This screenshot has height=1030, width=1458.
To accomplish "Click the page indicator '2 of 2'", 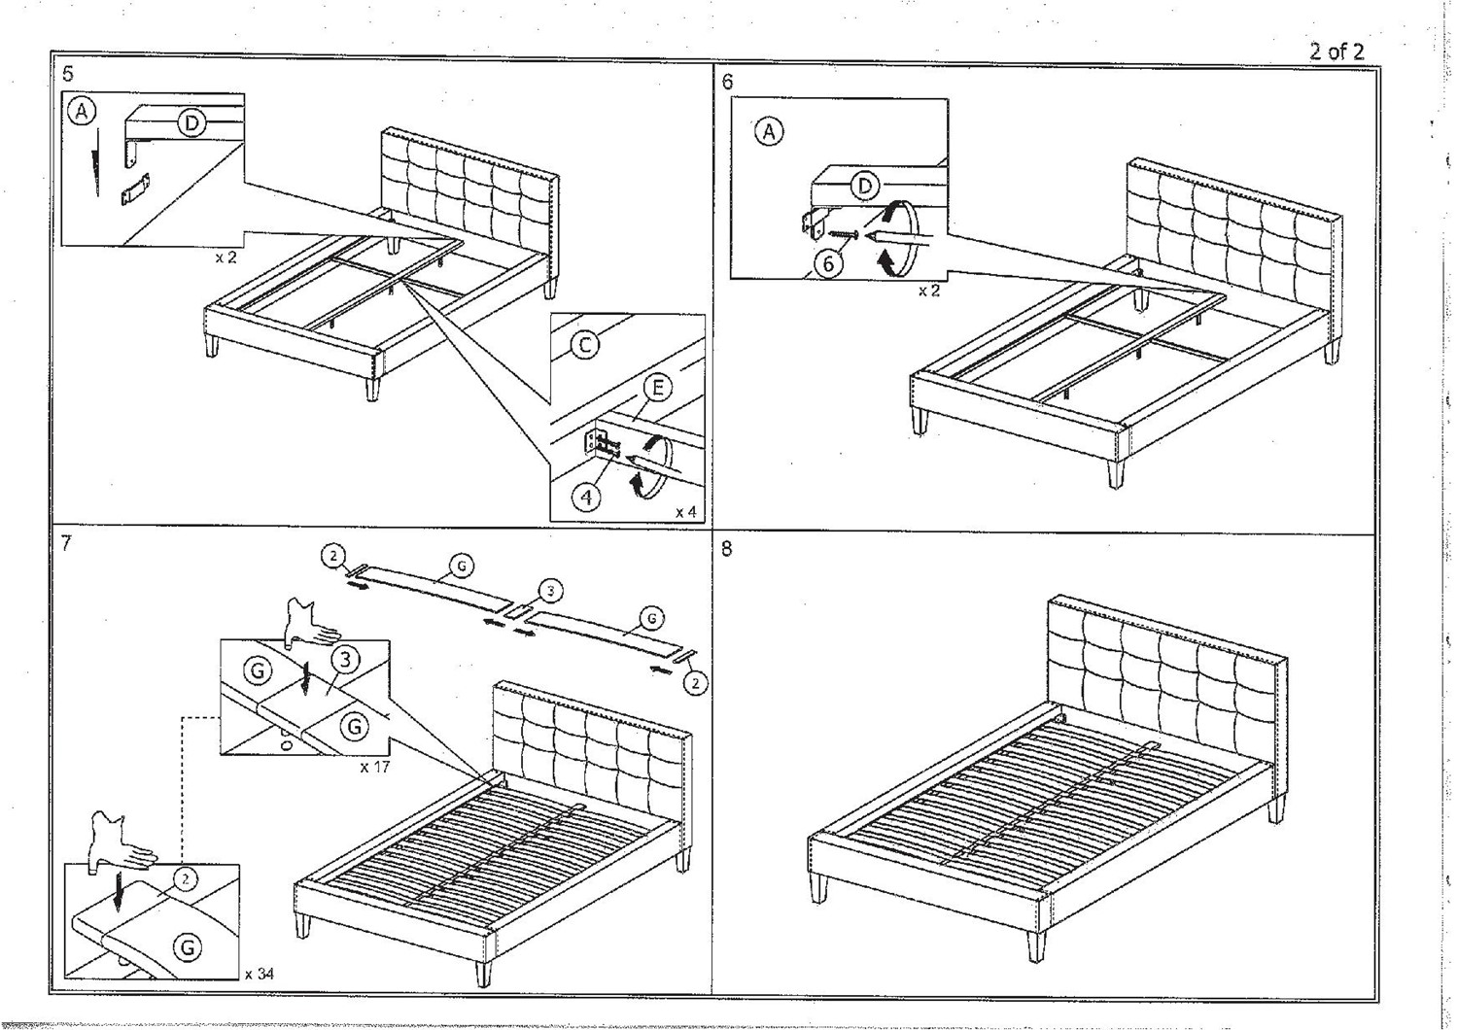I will tap(1336, 51).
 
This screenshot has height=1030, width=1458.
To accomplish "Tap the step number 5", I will tap(67, 74).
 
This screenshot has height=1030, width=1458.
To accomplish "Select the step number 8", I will tap(727, 548).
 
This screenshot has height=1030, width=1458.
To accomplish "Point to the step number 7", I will tap(66, 543).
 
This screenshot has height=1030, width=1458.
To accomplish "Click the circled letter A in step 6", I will tap(769, 131).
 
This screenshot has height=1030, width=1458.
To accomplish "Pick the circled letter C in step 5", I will tap(584, 344).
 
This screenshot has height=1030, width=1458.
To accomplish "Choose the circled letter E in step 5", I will tap(657, 389).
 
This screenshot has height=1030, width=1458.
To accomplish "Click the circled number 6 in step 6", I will tap(827, 262).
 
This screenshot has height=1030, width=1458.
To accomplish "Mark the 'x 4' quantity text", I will tap(685, 511).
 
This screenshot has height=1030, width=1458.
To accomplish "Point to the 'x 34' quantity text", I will tap(260, 973).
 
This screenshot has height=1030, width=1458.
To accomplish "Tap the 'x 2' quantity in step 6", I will tap(928, 291).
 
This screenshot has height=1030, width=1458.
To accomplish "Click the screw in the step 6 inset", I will tap(842, 233).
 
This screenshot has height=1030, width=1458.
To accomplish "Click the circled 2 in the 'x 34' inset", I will tap(186, 878).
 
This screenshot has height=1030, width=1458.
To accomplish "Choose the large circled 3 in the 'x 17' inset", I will tap(345, 660).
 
